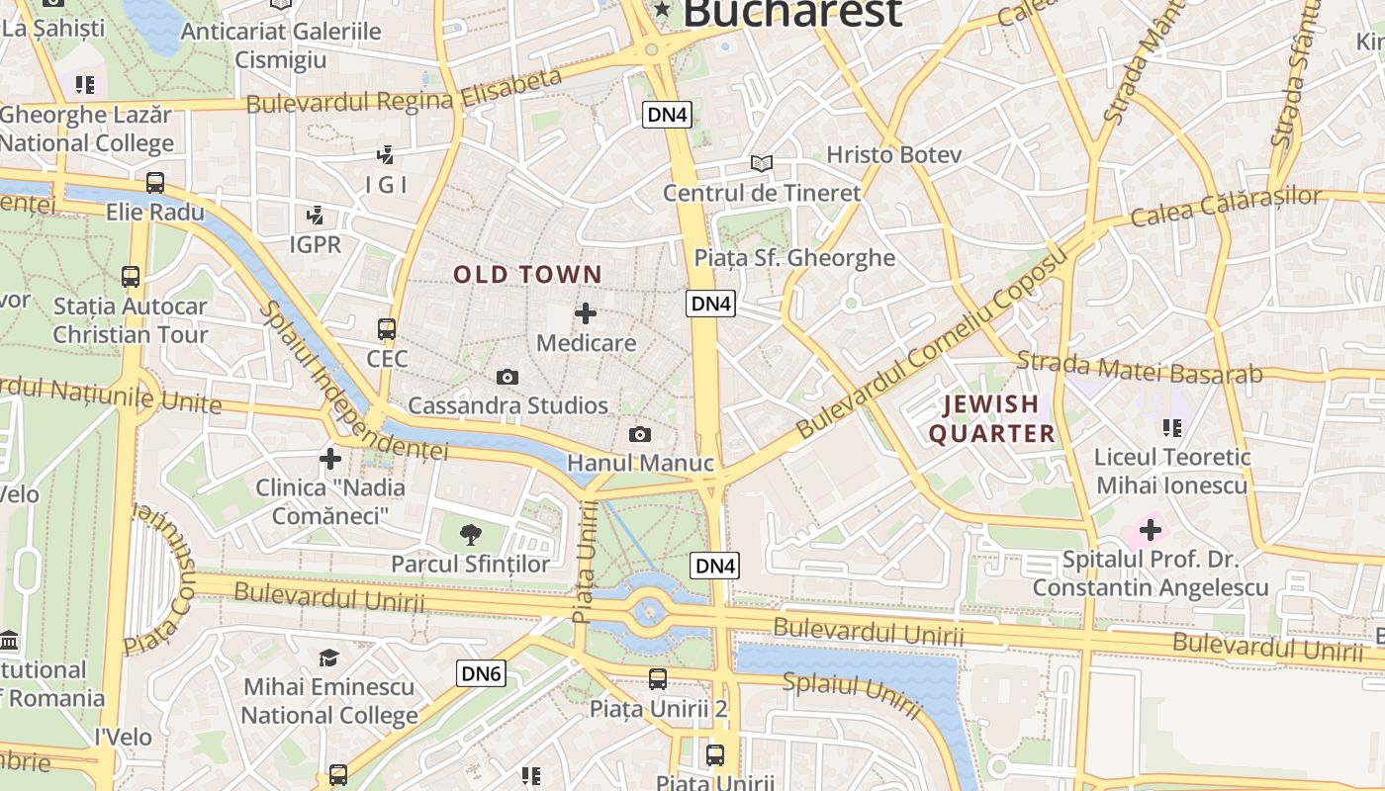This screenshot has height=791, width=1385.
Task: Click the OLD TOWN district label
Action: [527, 275]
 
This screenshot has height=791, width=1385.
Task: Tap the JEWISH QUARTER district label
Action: [991, 418]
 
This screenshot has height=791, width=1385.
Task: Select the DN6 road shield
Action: [483, 674]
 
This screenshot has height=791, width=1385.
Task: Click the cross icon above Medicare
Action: [586, 314]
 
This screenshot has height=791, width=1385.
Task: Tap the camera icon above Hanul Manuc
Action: [640, 435]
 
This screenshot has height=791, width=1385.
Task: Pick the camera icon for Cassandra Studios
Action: [508, 378]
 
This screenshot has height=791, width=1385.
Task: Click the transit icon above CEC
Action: [387, 329]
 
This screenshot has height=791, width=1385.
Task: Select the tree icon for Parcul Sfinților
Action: [471, 535]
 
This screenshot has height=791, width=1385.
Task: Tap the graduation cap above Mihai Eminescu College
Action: [328, 658]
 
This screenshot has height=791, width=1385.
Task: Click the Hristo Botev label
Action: [893, 154]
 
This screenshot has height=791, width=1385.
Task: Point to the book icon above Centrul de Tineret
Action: [761, 163]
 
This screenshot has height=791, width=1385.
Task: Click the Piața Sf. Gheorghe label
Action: [794, 258]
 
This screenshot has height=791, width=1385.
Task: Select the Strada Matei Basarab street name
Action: [1140, 367]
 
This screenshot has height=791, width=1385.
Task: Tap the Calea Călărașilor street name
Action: [1225, 206]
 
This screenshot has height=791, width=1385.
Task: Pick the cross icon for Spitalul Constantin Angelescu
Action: [1150, 531]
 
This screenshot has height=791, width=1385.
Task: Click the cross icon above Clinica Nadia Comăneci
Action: [330, 459]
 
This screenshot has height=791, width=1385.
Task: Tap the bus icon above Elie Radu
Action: [155, 183]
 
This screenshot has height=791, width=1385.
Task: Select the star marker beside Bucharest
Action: [662, 11]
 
